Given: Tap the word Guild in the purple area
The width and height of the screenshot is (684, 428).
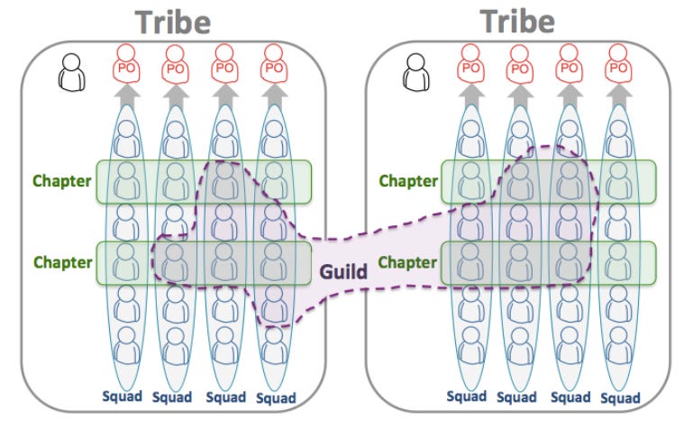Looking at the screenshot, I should (x=342, y=269).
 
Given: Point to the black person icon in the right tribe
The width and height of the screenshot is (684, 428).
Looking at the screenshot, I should (x=415, y=72).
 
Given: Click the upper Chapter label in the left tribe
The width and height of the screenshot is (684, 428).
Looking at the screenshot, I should (x=61, y=180).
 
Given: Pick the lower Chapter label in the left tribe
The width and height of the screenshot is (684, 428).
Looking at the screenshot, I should (x=63, y=262).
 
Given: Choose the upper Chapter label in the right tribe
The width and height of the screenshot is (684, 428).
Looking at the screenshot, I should (x=408, y=180).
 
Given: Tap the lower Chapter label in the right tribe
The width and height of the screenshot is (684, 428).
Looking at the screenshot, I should (x=408, y=262).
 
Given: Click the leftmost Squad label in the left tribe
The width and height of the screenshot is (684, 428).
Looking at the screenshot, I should (x=121, y=396).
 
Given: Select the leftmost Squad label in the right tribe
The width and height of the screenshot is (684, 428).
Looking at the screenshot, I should (x=468, y=396).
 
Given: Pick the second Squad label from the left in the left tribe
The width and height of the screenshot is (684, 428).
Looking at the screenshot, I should (x=173, y=396).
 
